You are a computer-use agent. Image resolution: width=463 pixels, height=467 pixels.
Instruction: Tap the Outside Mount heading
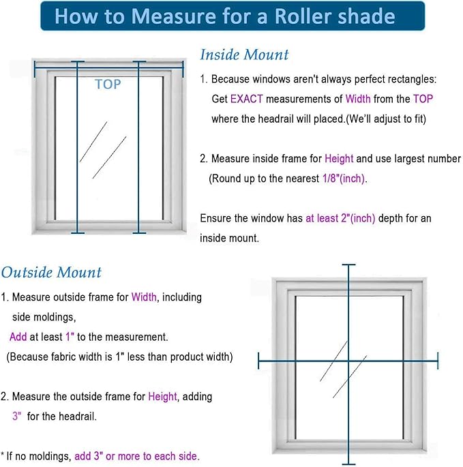[51, 273]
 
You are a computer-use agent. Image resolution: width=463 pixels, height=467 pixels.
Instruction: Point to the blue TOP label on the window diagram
[108, 85]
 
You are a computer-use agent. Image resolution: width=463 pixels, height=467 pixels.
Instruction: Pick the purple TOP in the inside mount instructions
[423, 99]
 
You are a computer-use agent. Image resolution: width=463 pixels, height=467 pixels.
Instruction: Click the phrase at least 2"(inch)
[341, 218]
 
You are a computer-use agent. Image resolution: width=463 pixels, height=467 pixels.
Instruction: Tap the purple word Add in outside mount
[18, 337]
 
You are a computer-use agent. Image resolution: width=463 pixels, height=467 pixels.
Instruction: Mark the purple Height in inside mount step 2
[339, 159]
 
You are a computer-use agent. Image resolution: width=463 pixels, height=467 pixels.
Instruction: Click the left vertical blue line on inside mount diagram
[78, 150]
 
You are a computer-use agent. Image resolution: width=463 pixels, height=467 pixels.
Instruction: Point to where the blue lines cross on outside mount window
[348, 361]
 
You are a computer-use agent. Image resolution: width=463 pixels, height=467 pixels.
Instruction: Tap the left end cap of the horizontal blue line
[259, 361]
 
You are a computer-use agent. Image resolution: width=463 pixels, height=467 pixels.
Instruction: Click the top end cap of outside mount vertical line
[348, 265]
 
